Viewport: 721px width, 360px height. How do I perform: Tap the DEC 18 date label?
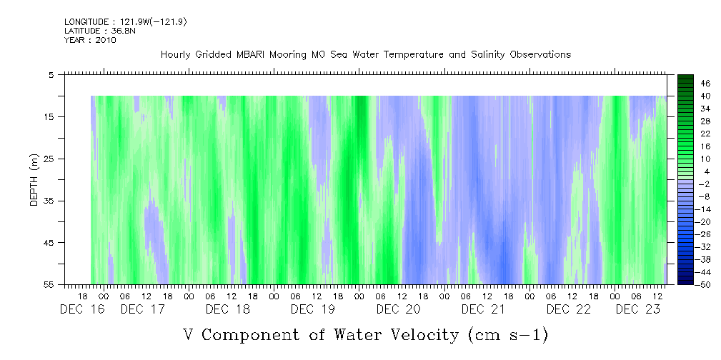pyautogui.click(x=227, y=309)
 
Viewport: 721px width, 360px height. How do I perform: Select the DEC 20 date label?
pyautogui.click(x=398, y=309)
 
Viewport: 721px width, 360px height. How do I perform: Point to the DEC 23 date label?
pyautogui.click(x=637, y=309)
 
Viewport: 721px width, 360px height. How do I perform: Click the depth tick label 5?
pyautogui.click(x=51, y=74)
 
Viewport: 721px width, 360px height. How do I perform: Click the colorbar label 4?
pyautogui.click(x=705, y=171)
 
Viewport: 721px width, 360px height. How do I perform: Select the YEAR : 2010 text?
pyautogui.click(x=90, y=40)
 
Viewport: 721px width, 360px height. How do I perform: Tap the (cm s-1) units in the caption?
pyautogui.click(x=507, y=334)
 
